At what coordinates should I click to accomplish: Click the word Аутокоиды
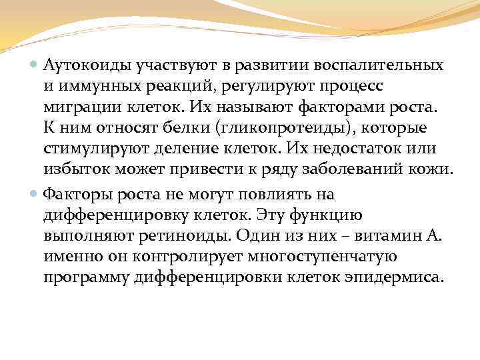[x=85, y=66]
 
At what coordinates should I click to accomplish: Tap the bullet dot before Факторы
[x=34, y=195]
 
